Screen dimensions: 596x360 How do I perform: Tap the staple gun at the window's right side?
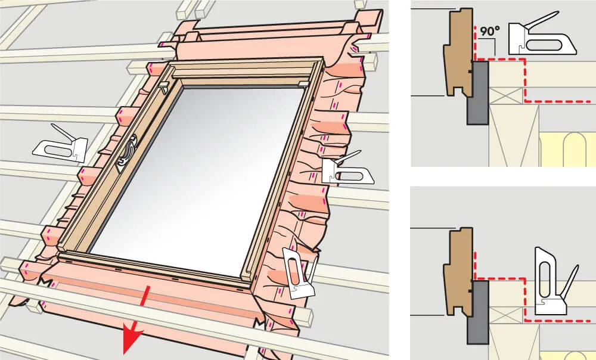(x=347, y=168)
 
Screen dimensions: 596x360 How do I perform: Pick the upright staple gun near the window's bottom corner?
(x=300, y=272)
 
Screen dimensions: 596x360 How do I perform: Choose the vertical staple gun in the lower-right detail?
(x=554, y=281)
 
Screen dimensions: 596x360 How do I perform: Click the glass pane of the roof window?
(x=198, y=179)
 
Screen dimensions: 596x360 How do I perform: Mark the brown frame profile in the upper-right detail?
(x=458, y=52)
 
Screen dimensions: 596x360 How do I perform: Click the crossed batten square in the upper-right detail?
(x=506, y=95)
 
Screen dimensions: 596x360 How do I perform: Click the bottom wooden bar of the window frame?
(x=152, y=266)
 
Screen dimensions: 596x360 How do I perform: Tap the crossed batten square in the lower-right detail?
(x=506, y=315)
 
